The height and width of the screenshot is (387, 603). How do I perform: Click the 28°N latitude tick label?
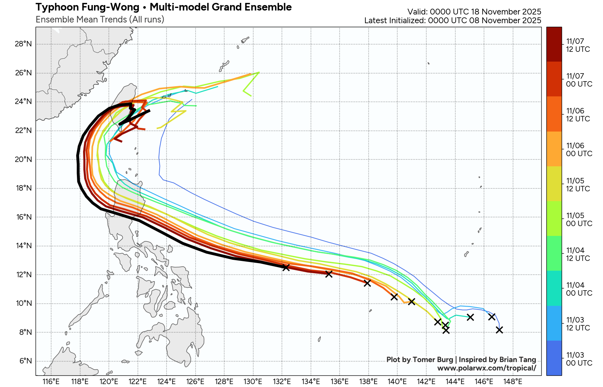pyautogui.click(x=23, y=44)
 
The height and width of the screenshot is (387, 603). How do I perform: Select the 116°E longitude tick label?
pyautogui.click(x=51, y=381)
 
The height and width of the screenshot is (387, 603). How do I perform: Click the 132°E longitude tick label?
pyautogui.click(x=282, y=381)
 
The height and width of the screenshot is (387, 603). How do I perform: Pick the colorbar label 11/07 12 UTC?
pyautogui.click(x=578, y=45)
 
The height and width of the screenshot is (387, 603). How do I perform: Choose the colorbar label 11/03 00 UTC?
pyautogui.click(x=579, y=359)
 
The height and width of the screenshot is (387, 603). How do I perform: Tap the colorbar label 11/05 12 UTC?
pyautogui.click(x=578, y=184)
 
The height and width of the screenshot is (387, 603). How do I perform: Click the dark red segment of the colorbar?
pyautogui.click(x=554, y=44)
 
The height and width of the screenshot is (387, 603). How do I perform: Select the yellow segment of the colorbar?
pyautogui.click(x=554, y=184)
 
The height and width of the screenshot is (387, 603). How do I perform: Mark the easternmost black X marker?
pyautogui.click(x=499, y=330)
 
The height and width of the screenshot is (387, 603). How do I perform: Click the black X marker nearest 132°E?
pyautogui.click(x=286, y=267)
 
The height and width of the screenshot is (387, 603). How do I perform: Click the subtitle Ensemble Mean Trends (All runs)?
pyautogui.click(x=100, y=20)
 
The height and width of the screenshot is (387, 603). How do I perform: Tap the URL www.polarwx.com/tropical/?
pyautogui.click(x=487, y=368)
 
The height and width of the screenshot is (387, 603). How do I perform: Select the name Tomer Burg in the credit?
pyautogui.click(x=432, y=359)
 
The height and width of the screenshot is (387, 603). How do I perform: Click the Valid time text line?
pyautogui.click(x=474, y=12)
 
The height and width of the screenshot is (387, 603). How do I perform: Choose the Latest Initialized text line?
pyautogui.click(x=452, y=21)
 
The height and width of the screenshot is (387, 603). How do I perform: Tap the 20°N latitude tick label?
pyautogui.click(x=23, y=159)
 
